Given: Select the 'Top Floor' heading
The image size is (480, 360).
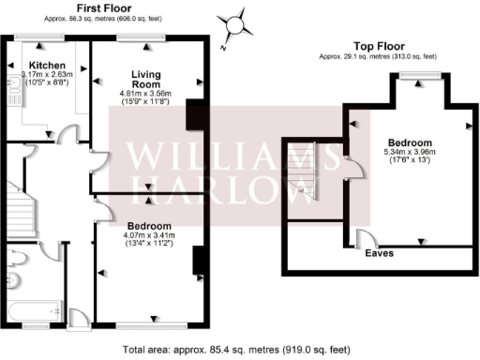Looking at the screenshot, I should click(x=378, y=45).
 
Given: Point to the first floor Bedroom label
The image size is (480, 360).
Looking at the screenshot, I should click(x=148, y=226).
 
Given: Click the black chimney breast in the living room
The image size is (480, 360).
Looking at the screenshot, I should click(x=195, y=114).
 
